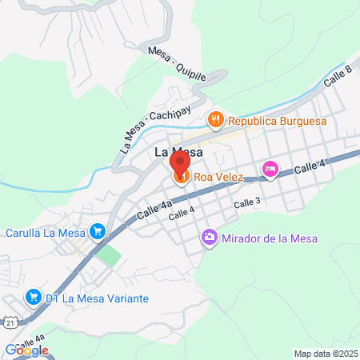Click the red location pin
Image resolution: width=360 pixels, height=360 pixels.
click(180, 161)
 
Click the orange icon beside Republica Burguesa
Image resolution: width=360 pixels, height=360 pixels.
click(214, 122)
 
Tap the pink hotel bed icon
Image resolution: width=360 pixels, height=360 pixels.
click(270, 169)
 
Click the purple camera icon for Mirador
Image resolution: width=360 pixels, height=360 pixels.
click(209, 238)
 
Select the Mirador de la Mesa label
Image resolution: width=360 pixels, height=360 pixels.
click(270, 238)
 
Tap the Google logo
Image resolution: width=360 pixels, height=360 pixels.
click(26, 350)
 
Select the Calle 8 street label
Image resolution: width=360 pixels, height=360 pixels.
click(338, 78)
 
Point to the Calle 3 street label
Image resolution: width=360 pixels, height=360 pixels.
click(247, 205)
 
